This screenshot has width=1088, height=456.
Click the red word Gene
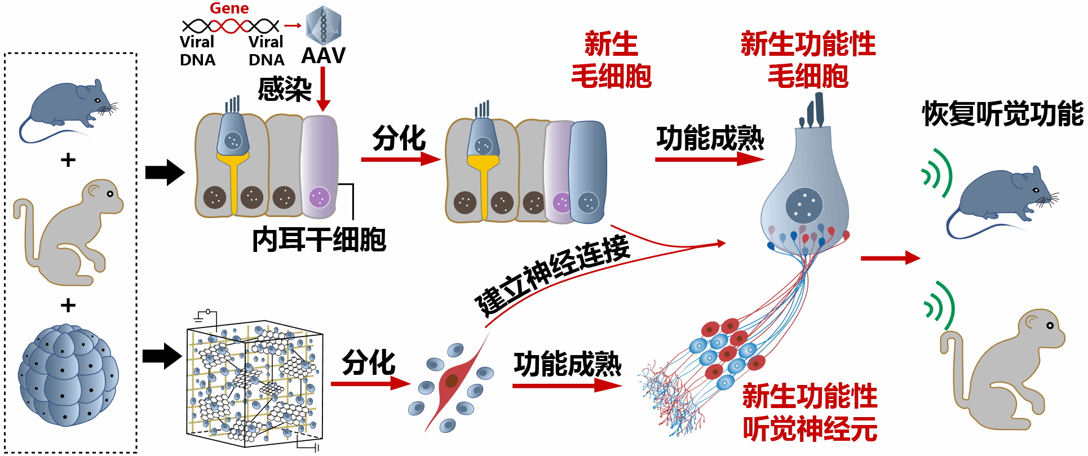pos(229,8)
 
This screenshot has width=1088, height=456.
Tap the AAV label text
pos(323,56)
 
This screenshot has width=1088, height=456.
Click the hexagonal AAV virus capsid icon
pos(323,25)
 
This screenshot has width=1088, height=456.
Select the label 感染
pos(284,89)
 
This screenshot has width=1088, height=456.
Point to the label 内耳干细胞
pos(319,240)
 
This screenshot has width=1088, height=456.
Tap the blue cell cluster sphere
pos(68,374)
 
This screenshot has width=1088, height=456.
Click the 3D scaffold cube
pos(254,383)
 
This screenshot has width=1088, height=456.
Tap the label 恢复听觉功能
pos(1002,114)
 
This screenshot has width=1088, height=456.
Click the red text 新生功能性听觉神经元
pos(810,413)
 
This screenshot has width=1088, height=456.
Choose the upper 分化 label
pos(399,139)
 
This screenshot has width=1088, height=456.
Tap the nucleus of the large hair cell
pos(804,205)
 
